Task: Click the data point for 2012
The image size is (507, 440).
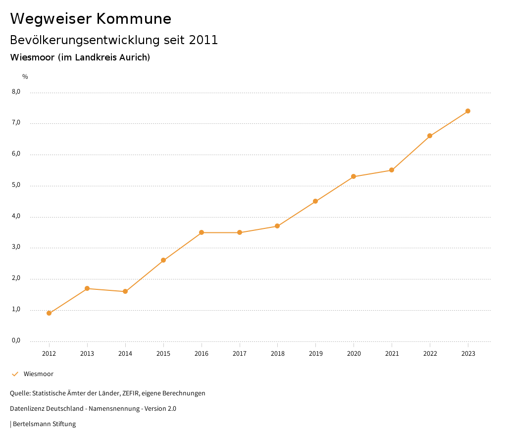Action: pyautogui.click(x=49, y=313)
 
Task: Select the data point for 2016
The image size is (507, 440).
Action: pyautogui.click(x=202, y=232)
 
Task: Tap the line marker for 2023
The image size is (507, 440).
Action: pyautogui.click(x=468, y=111)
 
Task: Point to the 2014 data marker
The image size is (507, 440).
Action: pyautogui.click(x=125, y=291)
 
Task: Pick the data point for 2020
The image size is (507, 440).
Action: pyautogui.click(x=354, y=176)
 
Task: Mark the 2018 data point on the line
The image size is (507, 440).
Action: pyautogui.click(x=277, y=226)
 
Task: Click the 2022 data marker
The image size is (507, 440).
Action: pyautogui.click(x=430, y=136)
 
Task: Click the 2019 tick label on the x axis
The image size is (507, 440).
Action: pyautogui.click(x=315, y=354)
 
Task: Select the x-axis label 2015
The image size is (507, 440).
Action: pyautogui.click(x=163, y=354)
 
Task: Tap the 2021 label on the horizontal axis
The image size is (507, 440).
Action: pyautogui.click(x=392, y=354)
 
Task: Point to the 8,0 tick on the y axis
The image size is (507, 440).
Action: pyautogui.click(x=16, y=92)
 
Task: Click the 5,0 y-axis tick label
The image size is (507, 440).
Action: pyautogui.click(x=16, y=185)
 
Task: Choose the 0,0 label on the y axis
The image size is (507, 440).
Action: pyautogui.click(x=16, y=341)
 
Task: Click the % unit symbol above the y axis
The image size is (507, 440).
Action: pyautogui.click(x=25, y=77)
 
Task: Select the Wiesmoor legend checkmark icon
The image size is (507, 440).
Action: pyautogui.click(x=15, y=374)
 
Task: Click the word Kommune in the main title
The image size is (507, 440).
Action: pyautogui.click(x=134, y=19)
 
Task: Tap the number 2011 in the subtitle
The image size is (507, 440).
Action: pyautogui.click(x=203, y=40)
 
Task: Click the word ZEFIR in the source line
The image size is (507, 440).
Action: pyautogui.click(x=129, y=393)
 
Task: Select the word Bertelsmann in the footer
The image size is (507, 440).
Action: pyautogui.click(x=33, y=424)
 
